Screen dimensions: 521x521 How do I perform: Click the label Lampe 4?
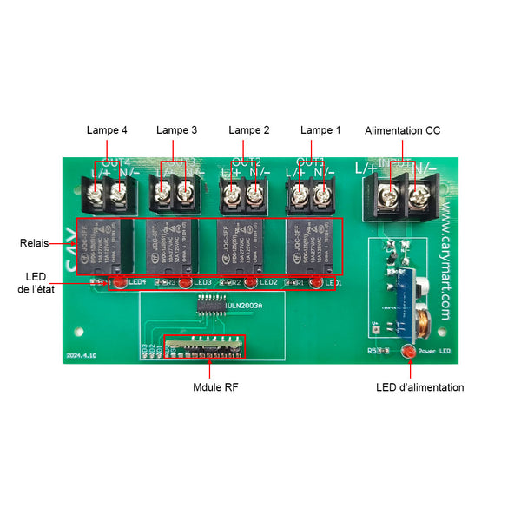click(107, 130)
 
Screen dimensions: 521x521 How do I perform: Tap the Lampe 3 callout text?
click(176, 130)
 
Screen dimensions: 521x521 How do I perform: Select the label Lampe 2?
click(248, 130)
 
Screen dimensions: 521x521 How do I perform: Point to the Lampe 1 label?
click(320, 130)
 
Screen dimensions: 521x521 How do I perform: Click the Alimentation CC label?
click(402, 130)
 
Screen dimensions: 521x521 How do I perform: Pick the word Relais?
click(35, 243)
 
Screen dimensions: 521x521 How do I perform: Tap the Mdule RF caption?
click(215, 386)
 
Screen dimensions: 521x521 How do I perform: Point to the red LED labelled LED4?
click(118, 282)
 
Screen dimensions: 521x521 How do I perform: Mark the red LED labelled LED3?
click(184, 282)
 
